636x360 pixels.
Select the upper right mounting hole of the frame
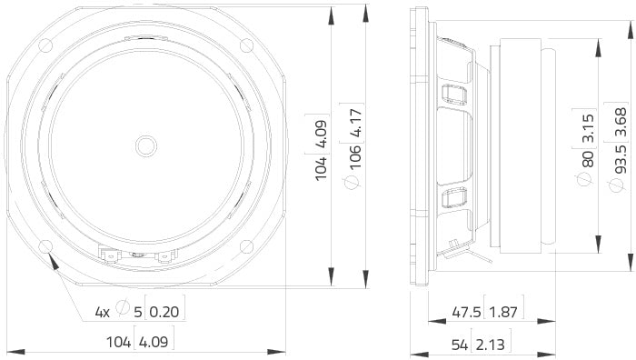pos(246,45)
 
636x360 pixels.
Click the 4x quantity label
pos(103,287)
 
